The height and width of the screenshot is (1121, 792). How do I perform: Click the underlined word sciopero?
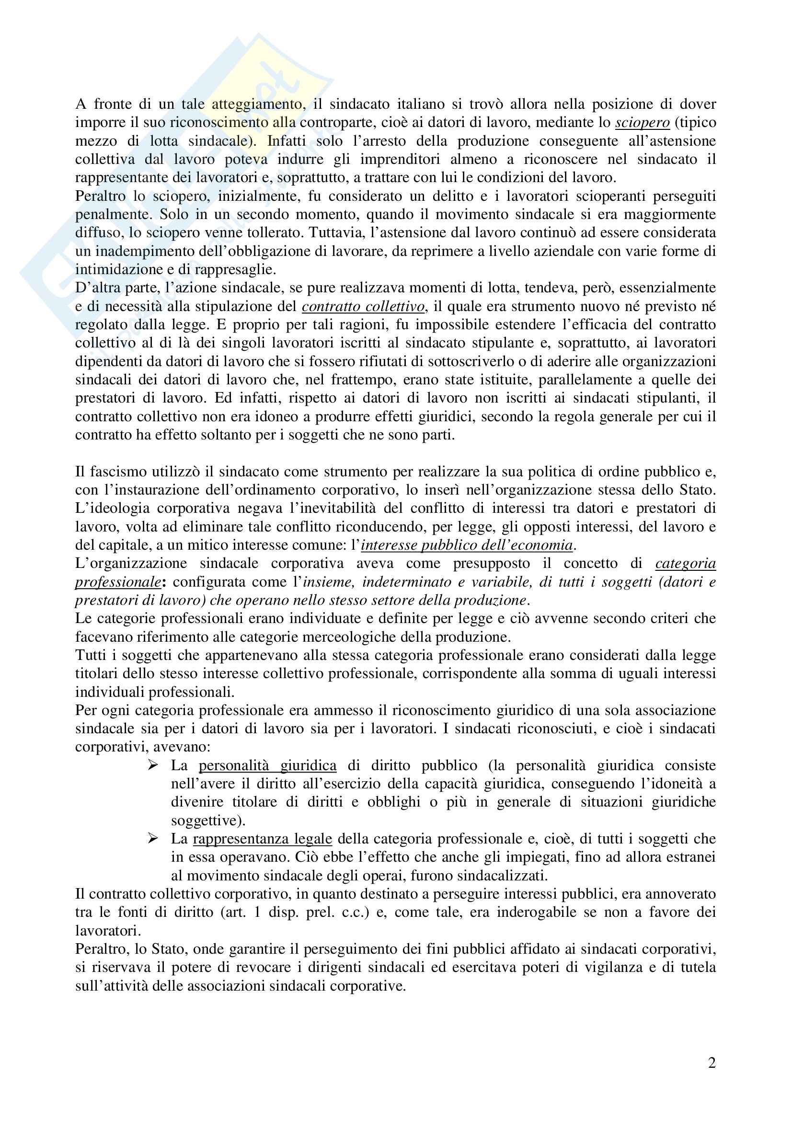point(642,123)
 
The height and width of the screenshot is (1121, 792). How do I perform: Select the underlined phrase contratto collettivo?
point(363,307)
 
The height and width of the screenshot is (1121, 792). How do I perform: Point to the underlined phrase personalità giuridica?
point(267,765)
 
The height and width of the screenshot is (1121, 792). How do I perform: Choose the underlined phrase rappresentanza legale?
point(263,839)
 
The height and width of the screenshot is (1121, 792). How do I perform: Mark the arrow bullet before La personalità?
point(153,765)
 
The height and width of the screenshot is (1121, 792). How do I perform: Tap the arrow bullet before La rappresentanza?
point(153,839)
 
